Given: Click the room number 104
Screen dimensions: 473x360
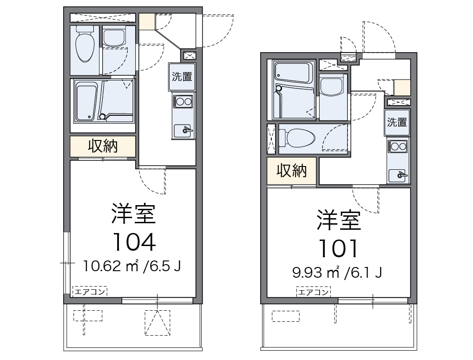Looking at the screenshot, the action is [x=134, y=242].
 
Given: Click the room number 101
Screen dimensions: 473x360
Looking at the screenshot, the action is [x=338, y=248].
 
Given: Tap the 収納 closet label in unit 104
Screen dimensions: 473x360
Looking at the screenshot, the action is [x=103, y=146].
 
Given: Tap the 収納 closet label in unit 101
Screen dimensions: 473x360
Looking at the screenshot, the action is [x=291, y=171].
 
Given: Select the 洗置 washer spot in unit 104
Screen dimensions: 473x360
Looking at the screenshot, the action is [x=182, y=77].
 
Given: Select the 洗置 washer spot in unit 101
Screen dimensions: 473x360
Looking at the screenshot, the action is [x=397, y=122].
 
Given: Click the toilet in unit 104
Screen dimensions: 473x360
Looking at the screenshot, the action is [x=85, y=45].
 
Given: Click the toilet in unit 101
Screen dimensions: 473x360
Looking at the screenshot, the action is [x=297, y=138].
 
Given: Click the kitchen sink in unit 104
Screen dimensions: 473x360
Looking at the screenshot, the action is [x=183, y=131].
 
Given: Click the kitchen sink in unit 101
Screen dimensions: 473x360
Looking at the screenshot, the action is [x=398, y=175].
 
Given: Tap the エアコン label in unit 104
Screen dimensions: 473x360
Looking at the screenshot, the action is [x=90, y=292].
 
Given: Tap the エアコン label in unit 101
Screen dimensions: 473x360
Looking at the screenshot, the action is [x=314, y=292].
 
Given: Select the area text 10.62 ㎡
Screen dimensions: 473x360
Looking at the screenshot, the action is [x=111, y=266].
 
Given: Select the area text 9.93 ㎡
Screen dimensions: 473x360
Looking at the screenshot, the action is [x=316, y=272].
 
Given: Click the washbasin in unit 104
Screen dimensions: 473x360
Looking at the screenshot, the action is [x=114, y=37].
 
